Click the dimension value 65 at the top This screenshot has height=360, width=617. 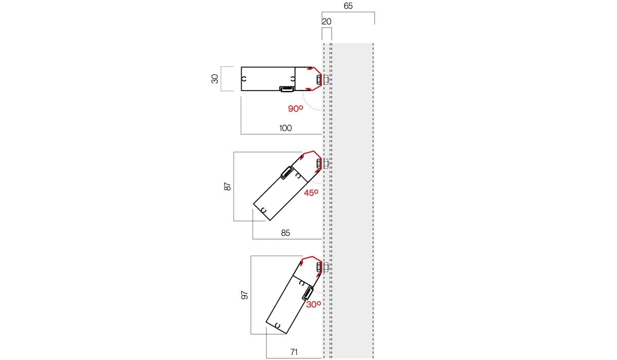coord(348,6)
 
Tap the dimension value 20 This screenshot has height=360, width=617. coord(326,22)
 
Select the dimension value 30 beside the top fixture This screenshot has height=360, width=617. coord(215,79)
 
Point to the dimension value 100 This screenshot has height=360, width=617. coord(285,128)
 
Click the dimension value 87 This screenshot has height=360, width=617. coord(227,187)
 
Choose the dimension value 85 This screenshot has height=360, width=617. coord(285,233)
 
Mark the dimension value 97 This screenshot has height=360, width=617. coord(245,295)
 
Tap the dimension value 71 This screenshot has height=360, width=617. coord(294,352)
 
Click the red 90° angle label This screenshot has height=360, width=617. coord(296,109)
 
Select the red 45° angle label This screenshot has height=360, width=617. coord(311,193)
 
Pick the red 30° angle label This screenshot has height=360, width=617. coord(314,304)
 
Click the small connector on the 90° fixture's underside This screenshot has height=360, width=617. coord(287,89)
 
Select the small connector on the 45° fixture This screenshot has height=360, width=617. coord(287,173)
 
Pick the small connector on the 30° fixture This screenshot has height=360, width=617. coord(307,293)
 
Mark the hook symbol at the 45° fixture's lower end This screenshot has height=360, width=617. coord(264,211)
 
